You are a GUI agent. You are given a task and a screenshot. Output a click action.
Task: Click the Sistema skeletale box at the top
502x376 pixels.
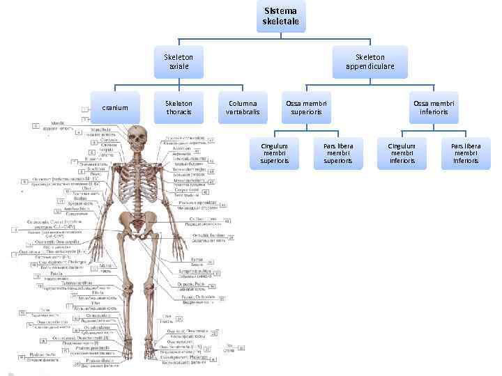click(281, 17)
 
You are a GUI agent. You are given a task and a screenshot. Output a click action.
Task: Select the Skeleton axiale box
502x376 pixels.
click(179, 61)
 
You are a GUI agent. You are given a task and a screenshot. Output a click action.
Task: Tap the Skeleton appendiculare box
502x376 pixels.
click(370, 61)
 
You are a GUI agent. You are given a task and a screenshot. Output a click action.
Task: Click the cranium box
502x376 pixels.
click(115, 108)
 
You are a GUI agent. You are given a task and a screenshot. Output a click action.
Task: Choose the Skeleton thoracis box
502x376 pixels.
click(179, 108)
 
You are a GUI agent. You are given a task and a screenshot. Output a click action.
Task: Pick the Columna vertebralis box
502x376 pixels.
click(243, 108)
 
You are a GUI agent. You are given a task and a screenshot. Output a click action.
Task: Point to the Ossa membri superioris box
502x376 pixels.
click(306, 108)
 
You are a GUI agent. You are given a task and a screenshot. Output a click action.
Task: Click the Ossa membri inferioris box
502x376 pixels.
click(434, 108)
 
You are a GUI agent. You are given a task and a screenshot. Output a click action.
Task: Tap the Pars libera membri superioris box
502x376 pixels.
click(338, 153)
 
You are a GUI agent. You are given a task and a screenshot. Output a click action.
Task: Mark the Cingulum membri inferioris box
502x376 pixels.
click(402, 153)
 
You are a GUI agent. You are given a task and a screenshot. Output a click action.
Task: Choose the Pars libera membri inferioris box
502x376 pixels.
click(466, 153)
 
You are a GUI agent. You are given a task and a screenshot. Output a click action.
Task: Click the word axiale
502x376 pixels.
click(179, 66)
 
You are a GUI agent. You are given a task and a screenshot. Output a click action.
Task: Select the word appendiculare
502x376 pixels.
click(370, 66)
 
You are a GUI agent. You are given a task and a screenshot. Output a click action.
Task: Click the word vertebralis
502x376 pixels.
click(243, 112)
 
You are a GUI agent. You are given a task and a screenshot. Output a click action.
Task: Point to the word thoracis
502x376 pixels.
click(179, 112)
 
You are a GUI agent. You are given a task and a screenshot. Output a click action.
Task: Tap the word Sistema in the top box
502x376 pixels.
click(281, 11)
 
